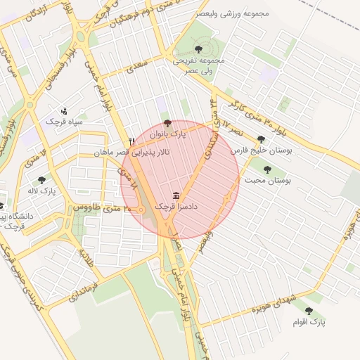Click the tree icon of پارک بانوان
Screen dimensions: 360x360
(167, 123)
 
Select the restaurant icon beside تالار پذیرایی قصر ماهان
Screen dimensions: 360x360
(131, 141)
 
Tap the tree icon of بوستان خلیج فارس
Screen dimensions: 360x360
(262, 139)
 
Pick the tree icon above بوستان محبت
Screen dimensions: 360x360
(267, 169)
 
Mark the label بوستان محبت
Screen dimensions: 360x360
(268, 180)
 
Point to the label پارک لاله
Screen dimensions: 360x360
(43, 191)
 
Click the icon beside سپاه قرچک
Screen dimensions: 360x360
(64, 111)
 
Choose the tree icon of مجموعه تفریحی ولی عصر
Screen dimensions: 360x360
(199, 49)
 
